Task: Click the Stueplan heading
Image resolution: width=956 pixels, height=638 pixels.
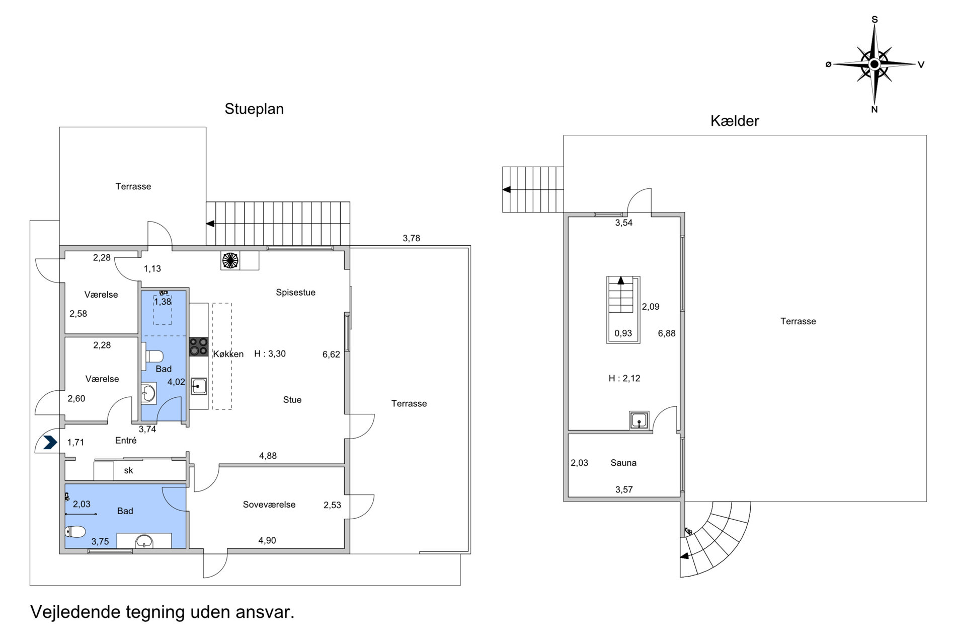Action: (x=254, y=109)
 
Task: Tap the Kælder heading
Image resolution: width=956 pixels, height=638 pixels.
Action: (x=735, y=121)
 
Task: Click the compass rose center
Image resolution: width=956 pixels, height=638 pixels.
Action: (x=874, y=64)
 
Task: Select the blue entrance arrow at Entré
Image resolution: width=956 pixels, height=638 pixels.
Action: (x=50, y=443)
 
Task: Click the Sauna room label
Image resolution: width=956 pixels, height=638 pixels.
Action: (x=623, y=463)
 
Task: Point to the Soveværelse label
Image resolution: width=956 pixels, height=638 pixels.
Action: (x=269, y=505)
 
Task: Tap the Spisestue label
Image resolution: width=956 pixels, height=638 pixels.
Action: (x=295, y=293)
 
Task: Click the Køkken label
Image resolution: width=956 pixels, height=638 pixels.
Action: (x=228, y=354)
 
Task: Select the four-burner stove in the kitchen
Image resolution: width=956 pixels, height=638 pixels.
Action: (x=199, y=347)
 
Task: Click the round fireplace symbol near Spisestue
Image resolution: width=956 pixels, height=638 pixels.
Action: (x=230, y=260)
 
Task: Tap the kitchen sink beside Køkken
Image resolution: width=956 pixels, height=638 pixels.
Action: (x=199, y=386)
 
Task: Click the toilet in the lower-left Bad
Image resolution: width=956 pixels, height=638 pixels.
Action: (x=75, y=531)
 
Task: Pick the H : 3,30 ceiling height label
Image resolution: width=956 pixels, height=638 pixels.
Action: (x=270, y=353)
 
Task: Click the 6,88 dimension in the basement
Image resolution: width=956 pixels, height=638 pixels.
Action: (x=667, y=333)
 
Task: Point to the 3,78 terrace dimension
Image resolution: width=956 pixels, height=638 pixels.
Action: (x=411, y=238)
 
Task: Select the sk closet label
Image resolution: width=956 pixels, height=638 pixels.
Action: (x=129, y=470)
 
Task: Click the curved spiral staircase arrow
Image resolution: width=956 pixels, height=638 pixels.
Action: (x=685, y=556)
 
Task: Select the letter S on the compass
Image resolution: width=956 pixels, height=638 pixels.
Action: (x=874, y=20)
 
